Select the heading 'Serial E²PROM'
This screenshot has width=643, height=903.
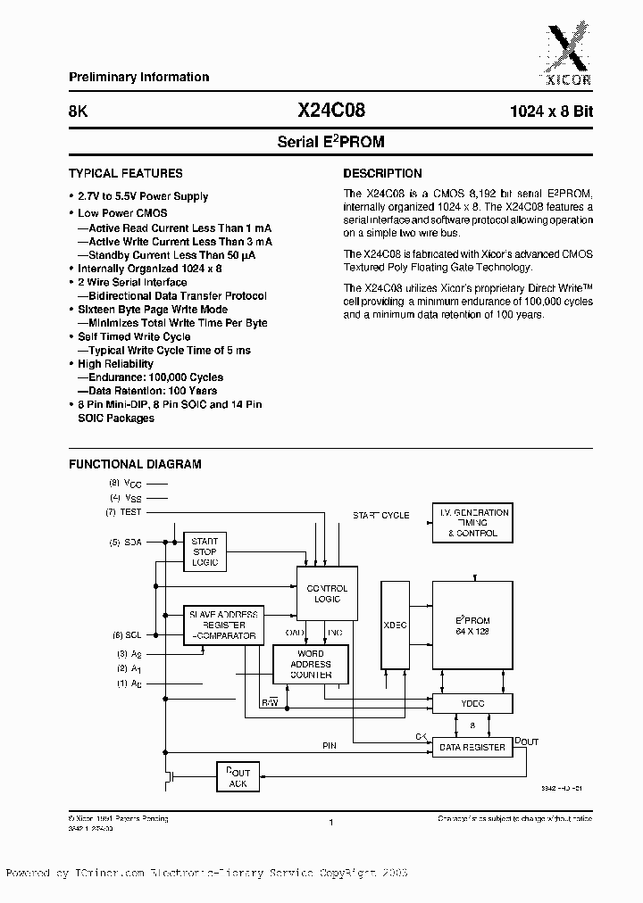[330, 142]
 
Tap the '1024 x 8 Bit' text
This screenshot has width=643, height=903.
[551, 112]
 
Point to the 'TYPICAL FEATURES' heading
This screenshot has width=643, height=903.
[126, 174]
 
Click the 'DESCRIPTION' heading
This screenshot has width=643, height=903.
[382, 174]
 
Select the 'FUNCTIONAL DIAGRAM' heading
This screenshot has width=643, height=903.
[135, 464]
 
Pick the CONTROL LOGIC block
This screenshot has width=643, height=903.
[327, 594]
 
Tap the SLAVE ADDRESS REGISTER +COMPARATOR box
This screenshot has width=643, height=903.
[223, 625]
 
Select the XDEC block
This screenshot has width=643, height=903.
[395, 625]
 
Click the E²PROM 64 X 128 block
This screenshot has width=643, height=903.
[473, 625]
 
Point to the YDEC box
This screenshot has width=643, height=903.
[473, 703]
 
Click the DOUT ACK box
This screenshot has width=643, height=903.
[238, 777]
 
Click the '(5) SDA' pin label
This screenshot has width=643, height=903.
[127, 542]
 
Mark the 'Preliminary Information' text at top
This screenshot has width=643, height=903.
[139, 78]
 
